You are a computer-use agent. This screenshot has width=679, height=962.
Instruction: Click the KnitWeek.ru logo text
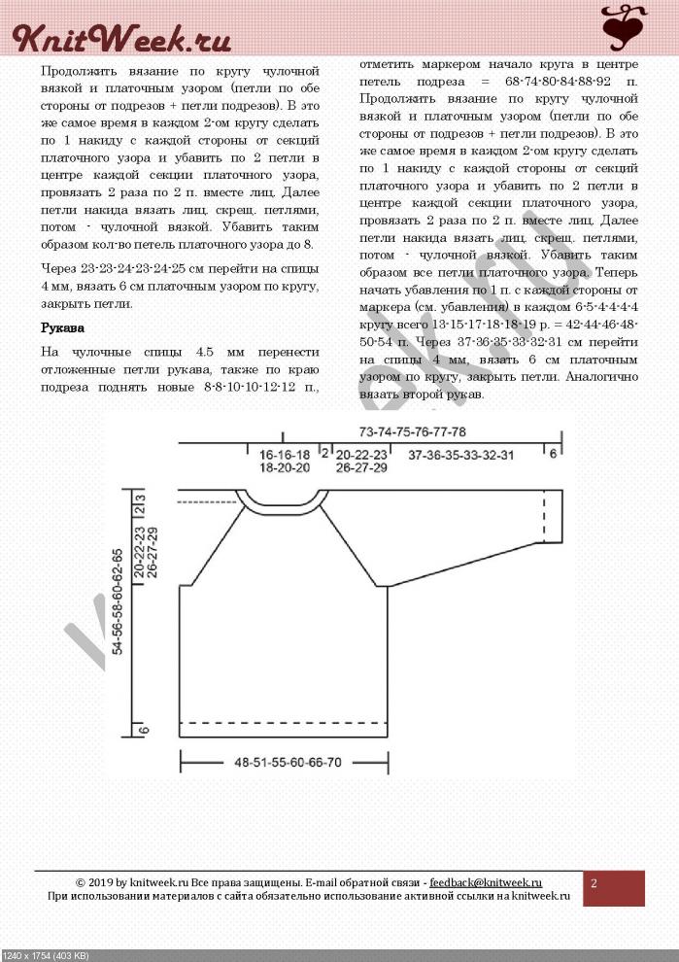point(120,38)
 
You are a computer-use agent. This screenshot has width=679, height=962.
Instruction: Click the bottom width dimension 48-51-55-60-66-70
point(288,763)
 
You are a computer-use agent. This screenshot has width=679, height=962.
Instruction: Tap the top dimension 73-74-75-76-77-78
point(411,431)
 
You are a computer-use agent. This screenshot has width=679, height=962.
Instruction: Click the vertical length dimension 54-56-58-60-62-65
point(118,602)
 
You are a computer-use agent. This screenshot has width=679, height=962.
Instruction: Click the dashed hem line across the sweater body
point(285,723)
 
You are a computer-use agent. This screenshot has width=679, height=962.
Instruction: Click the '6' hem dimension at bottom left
point(143,731)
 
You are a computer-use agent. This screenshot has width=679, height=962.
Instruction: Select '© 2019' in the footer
point(96,881)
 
